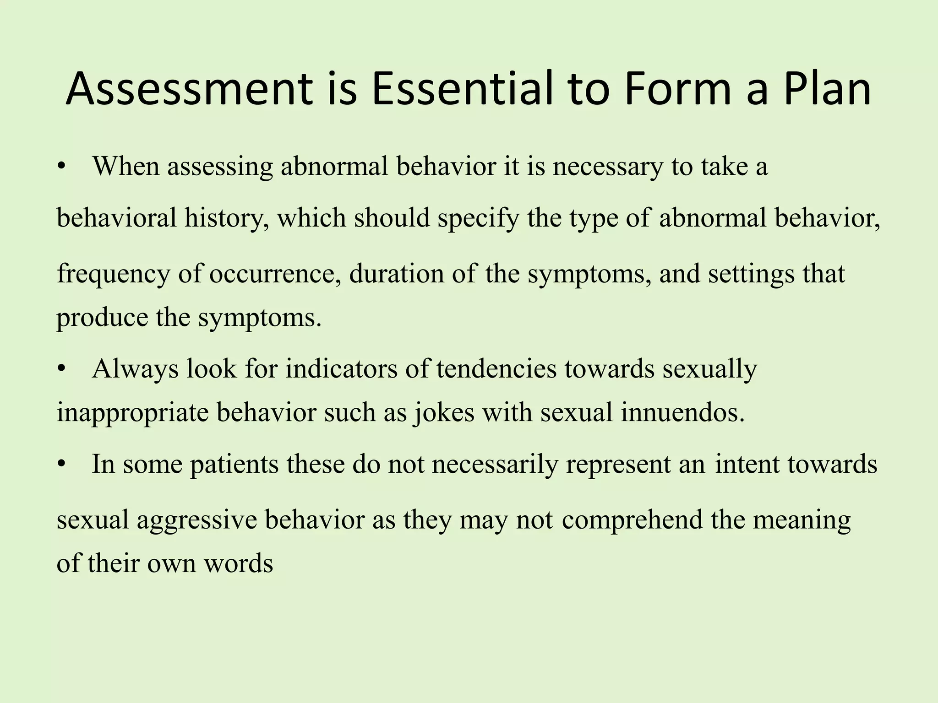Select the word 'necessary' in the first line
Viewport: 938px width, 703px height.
pyautogui.click(x=607, y=167)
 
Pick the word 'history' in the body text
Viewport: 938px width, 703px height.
pyautogui.click(x=226, y=218)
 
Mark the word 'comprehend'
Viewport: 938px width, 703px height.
pyautogui.click(x=632, y=520)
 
